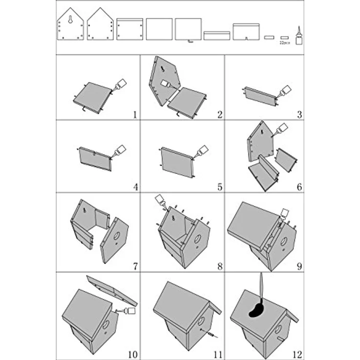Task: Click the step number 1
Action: [135, 115]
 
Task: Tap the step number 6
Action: [299, 187]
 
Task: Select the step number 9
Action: [299, 267]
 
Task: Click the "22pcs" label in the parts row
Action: [284, 43]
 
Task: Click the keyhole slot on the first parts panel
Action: [70, 21]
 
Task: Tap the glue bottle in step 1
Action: [120, 85]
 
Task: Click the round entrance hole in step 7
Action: [117, 236]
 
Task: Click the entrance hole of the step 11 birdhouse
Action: [200, 321]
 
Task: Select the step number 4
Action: [135, 187]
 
